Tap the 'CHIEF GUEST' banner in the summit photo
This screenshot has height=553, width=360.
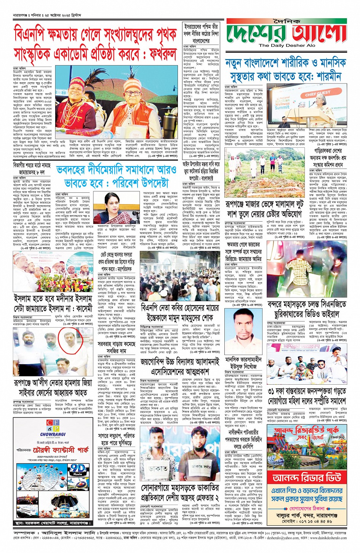tap(317, 93)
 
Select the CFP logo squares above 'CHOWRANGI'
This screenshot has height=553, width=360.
tap(53, 423)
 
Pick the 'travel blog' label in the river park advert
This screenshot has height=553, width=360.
tap(337, 437)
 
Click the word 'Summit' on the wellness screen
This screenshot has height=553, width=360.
tap(282, 107)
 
